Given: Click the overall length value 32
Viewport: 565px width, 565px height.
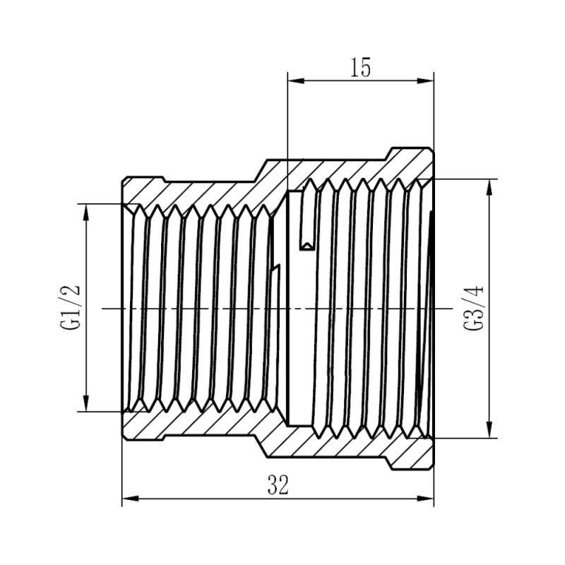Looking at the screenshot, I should point(278,486).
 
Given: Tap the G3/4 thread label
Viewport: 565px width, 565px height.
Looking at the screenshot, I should point(472,308).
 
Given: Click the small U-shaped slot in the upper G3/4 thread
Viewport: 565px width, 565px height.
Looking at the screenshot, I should point(307,240).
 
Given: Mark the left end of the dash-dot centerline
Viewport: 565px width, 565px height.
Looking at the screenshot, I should point(104,308).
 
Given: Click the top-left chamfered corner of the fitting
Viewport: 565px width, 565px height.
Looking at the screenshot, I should point(124,179).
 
